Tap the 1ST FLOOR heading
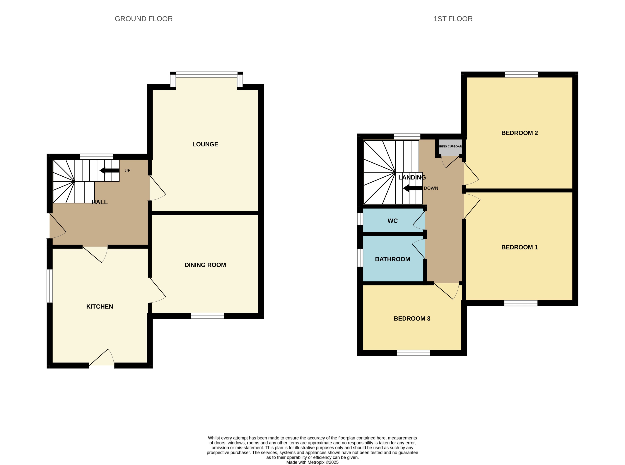[453, 19]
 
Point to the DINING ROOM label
[205, 265]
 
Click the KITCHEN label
[99, 306]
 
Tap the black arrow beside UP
[109, 170]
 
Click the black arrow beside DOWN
[412, 188]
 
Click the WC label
[392, 221]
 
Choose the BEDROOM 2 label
[519, 133]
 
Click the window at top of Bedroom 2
[521, 75]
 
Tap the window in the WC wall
[360, 219]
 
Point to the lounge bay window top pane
[206, 75]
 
